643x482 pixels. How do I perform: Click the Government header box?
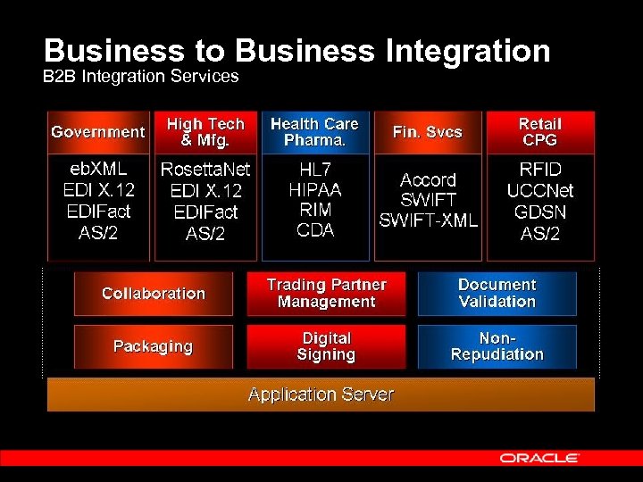pyautogui.click(x=97, y=132)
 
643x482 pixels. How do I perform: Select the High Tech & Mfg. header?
pyautogui.click(x=205, y=132)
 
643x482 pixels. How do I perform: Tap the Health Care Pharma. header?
pyautogui.click(x=314, y=132)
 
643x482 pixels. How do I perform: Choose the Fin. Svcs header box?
pyautogui.click(x=428, y=132)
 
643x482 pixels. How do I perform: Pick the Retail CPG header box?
pyautogui.click(x=539, y=132)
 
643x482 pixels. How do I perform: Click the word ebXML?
pyautogui.click(x=98, y=169)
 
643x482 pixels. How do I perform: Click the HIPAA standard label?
pyautogui.click(x=314, y=189)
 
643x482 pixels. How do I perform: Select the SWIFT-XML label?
pyautogui.click(x=429, y=220)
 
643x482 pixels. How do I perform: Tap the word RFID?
pyautogui.click(x=539, y=169)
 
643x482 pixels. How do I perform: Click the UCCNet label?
pyautogui.click(x=539, y=191)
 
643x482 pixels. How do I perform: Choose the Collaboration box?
pyautogui.click(x=154, y=294)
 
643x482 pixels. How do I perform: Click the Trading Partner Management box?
pyautogui.click(x=326, y=294)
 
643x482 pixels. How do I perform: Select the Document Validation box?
pyautogui.click(x=497, y=294)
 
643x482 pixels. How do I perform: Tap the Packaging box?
pyautogui.click(x=154, y=346)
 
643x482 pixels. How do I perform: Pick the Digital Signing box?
pyautogui.click(x=326, y=346)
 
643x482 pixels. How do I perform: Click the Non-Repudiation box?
pyautogui.click(x=497, y=346)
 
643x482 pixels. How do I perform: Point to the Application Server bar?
pyautogui.click(x=321, y=395)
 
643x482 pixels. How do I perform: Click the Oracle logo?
pyautogui.click(x=539, y=458)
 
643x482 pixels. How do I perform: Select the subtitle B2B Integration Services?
pyautogui.click(x=141, y=77)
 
